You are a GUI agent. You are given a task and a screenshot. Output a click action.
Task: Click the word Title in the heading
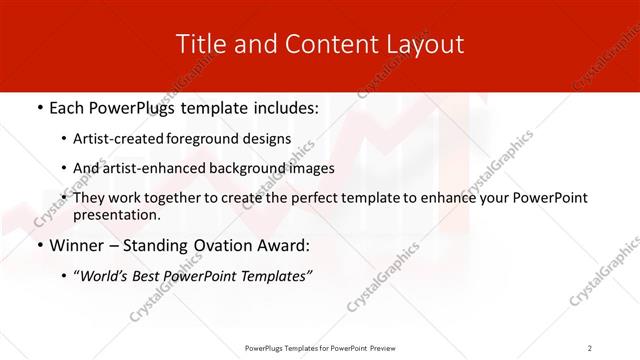tap(199, 45)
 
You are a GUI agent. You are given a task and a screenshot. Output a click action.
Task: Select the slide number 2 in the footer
tap(590, 348)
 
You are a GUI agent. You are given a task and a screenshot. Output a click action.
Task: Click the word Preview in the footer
tap(383, 348)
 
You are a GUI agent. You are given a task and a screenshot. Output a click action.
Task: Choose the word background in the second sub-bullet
tap(248, 168)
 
